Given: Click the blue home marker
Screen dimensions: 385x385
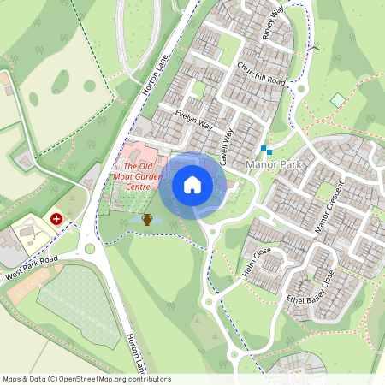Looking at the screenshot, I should pyautogui.click(x=192, y=184).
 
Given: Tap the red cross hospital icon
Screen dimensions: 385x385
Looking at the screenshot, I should pyautogui.click(x=57, y=219).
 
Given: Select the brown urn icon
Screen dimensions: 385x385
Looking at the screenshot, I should pyautogui.click(x=147, y=220).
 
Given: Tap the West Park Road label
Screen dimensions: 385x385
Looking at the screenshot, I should pyautogui.click(x=30, y=268).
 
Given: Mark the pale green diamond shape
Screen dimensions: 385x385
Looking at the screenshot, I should pyautogui.click(x=338, y=100).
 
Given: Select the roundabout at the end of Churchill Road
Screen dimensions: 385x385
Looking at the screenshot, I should pyautogui.click(x=301, y=88).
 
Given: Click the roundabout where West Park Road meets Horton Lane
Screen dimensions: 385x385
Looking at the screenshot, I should pyautogui.click(x=90, y=250).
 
